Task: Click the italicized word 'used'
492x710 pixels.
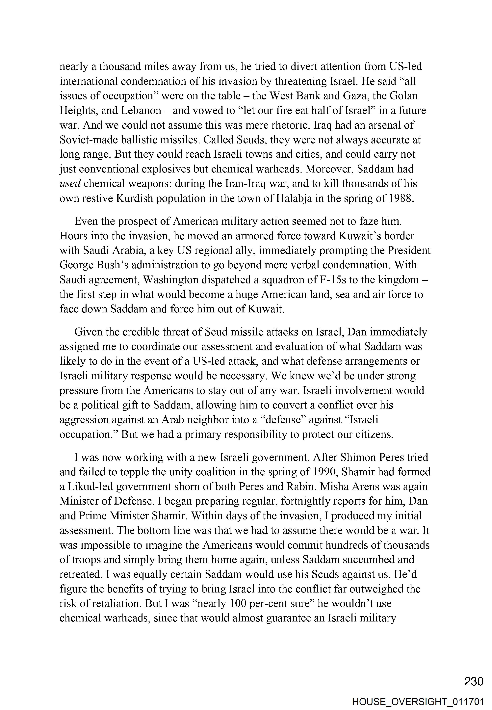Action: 70,184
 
